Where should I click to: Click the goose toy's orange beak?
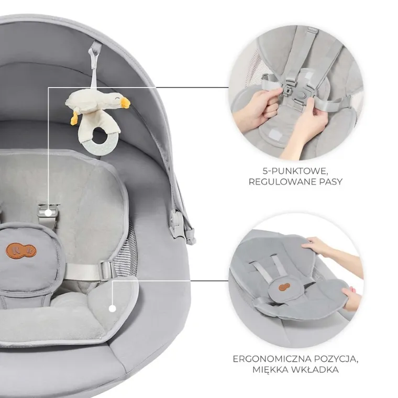pos(125,102)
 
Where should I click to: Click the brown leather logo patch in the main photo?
pos(21,250)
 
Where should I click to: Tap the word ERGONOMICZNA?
pos(272,359)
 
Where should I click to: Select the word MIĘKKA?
pos(270,370)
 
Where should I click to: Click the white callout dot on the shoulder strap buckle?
pos(48,213)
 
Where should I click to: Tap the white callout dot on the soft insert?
pos(113,308)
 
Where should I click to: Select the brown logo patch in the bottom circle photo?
pos(284,286)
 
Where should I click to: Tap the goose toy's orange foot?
pos(74,118)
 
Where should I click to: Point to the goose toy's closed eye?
pos(117,97)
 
